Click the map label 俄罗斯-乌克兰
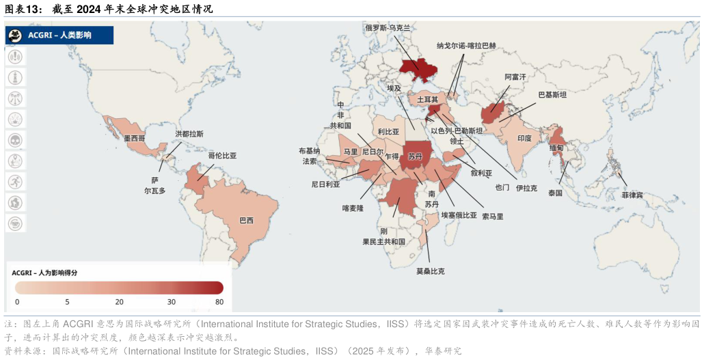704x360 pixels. [x=388, y=28]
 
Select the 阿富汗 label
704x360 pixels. [x=515, y=78]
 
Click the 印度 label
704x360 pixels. [x=524, y=138]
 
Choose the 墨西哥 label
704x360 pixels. [x=135, y=138]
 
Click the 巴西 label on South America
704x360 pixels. [x=246, y=221]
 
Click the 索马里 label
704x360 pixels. [x=492, y=217]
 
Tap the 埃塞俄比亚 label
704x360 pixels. [x=459, y=215]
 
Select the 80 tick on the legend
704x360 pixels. [x=219, y=302]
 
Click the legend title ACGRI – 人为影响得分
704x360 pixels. [x=44, y=273]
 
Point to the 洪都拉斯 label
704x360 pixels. [x=189, y=134]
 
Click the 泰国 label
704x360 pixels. [x=555, y=193]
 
